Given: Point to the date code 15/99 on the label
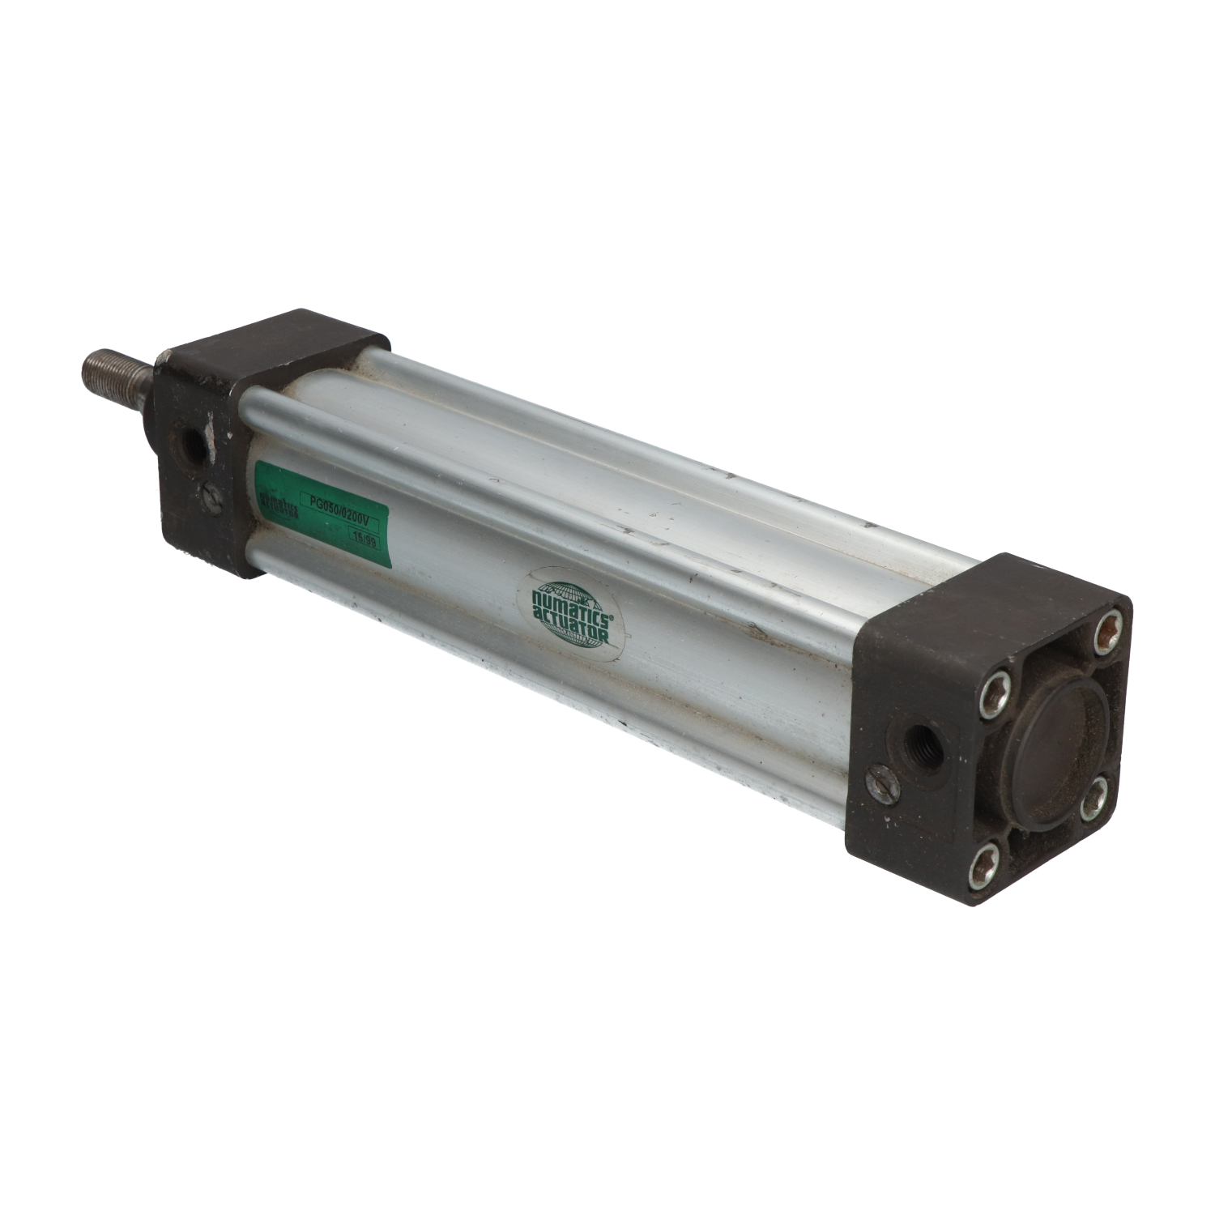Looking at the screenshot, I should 362,537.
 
